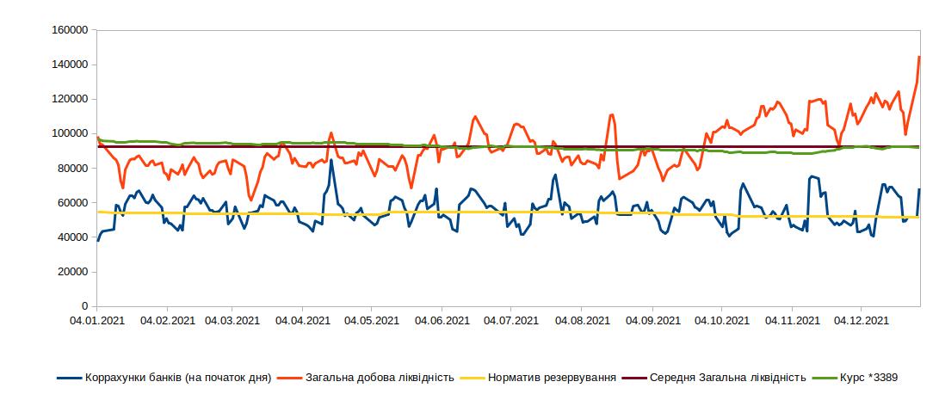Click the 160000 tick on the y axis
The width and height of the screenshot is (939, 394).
[71, 29]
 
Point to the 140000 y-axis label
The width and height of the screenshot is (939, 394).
[71, 65]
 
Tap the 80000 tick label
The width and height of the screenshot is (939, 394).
[74, 168]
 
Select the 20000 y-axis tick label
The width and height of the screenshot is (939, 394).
[74, 272]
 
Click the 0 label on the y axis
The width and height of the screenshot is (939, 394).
[84, 306]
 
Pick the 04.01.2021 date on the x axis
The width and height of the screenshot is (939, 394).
[96, 321]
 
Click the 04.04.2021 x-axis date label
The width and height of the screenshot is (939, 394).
[303, 321]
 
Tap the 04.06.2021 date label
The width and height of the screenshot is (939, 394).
[442, 321]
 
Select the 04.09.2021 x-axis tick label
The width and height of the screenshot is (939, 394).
[652, 321]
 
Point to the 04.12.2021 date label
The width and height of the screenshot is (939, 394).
[862, 321]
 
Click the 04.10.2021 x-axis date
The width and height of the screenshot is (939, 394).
[721, 321]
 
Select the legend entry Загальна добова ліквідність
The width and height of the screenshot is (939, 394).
[380, 377]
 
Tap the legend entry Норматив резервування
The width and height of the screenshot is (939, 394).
[552, 377]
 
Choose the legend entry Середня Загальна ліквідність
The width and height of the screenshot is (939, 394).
[727, 377]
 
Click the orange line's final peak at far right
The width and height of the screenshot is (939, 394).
[918, 57]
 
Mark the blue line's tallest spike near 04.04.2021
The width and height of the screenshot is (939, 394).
[331, 160]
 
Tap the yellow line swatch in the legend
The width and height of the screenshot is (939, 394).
[473, 377]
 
